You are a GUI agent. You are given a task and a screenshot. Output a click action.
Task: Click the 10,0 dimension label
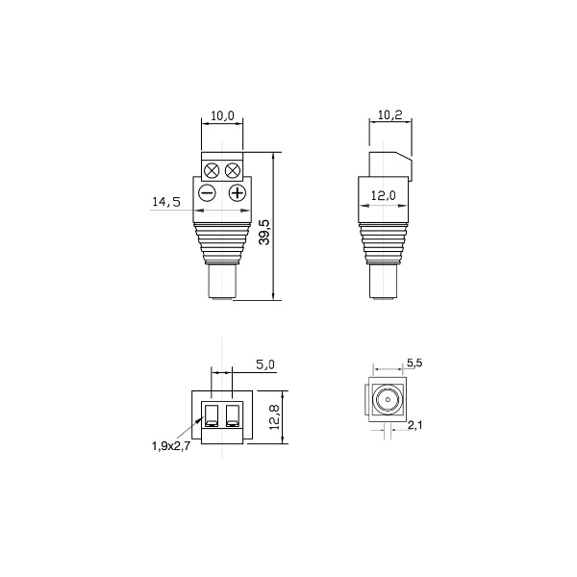pyautogui.click(x=222, y=116)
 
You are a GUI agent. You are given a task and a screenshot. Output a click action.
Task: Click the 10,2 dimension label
pyautogui.click(x=390, y=114)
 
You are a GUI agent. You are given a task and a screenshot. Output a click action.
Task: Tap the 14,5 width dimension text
pyautogui.click(x=166, y=202)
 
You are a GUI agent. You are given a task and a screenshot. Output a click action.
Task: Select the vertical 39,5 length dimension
pyautogui.click(x=264, y=232)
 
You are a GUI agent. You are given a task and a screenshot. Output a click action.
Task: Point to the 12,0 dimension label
pyautogui.click(x=383, y=196)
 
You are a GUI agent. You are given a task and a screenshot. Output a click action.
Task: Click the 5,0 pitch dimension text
pyautogui.click(x=265, y=364)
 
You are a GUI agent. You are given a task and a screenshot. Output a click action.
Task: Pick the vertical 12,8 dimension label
pyautogui.click(x=275, y=417)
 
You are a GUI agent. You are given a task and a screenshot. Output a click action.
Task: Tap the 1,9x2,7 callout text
pyautogui.click(x=171, y=446)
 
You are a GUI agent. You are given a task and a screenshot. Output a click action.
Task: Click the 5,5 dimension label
pyautogui.click(x=414, y=363)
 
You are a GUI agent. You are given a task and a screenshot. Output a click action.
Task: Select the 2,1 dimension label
pyautogui.click(x=415, y=425)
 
